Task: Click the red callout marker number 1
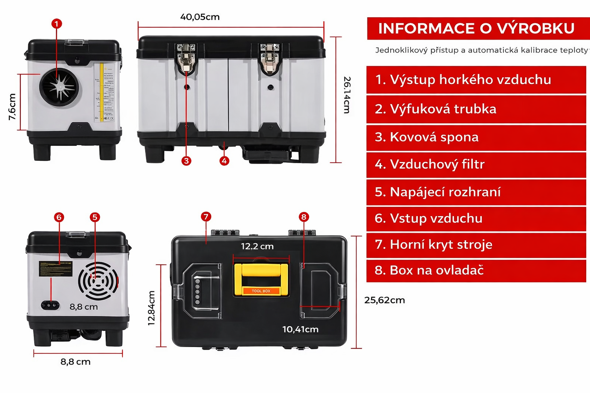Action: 56,24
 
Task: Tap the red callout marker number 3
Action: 186,161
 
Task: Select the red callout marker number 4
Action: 224,161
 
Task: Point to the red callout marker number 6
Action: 59,217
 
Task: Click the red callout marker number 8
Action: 304,217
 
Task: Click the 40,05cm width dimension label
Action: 200,17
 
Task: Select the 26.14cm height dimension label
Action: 347,95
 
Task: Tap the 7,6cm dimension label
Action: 12,107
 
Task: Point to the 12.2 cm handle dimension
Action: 257,246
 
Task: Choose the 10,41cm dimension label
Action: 300,329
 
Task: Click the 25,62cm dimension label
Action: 384,300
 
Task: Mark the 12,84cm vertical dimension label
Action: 152,308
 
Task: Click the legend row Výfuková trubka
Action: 476,109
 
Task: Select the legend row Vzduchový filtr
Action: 476,164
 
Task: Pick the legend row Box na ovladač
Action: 476,270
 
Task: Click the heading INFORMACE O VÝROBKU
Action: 476,28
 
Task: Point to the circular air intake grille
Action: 98,281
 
